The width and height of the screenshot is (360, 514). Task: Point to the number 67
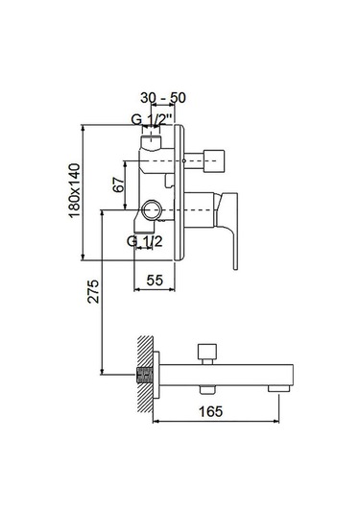point(119,185)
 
